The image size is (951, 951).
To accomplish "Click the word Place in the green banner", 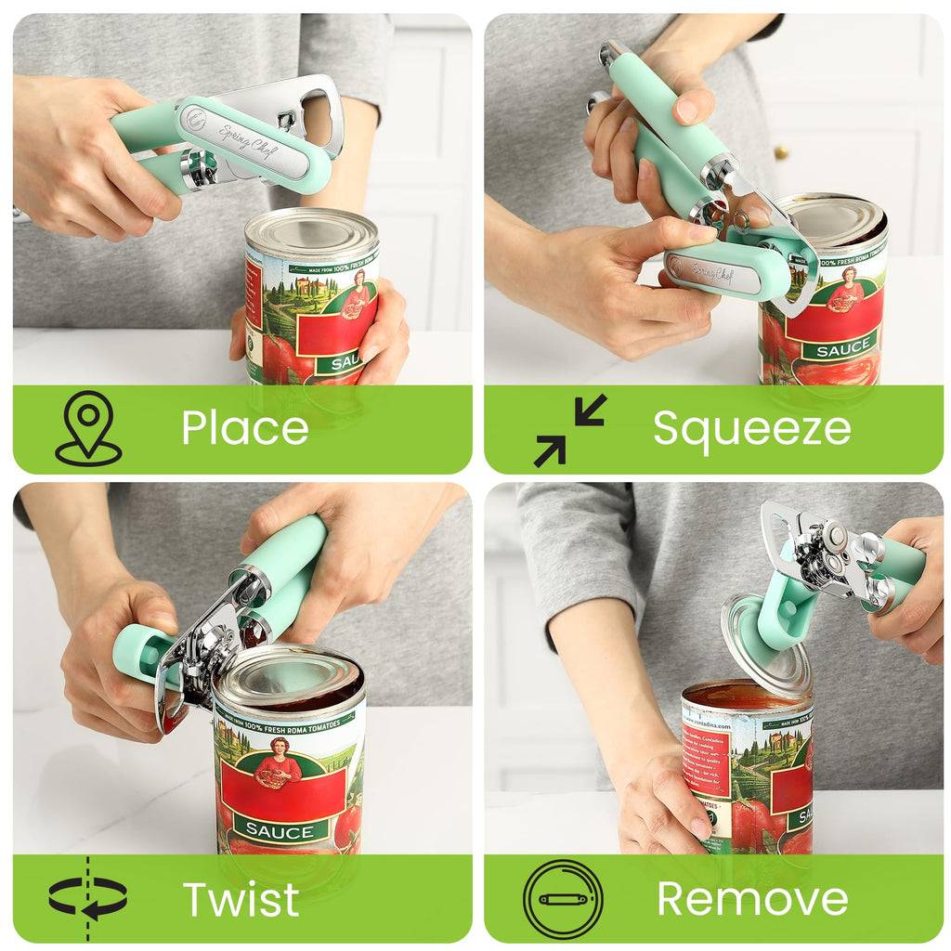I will pyautogui.click(x=244, y=428).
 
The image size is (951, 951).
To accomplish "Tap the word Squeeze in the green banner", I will pyautogui.click(x=751, y=428).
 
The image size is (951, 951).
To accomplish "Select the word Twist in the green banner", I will pyautogui.click(x=241, y=898).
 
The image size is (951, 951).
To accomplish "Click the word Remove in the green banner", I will pyautogui.click(x=752, y=898).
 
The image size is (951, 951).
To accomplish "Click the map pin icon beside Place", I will pyautogui.click(x=88, y=427).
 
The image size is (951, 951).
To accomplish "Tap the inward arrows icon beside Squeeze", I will pyautogui.click(x=569, y=430).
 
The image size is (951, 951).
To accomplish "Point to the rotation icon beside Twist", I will pyautogui.click(x=88, y=898).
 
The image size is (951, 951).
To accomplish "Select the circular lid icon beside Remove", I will pyautogui.click(x=562, y=898).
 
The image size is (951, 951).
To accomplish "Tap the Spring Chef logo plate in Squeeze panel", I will pyautogui.click(x=712, y=273).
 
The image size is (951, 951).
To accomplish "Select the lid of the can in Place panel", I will pyautogui.click(x=311, y=232).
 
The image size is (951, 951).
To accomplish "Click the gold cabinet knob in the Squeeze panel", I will pyautogui.click(x=782, y=151).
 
